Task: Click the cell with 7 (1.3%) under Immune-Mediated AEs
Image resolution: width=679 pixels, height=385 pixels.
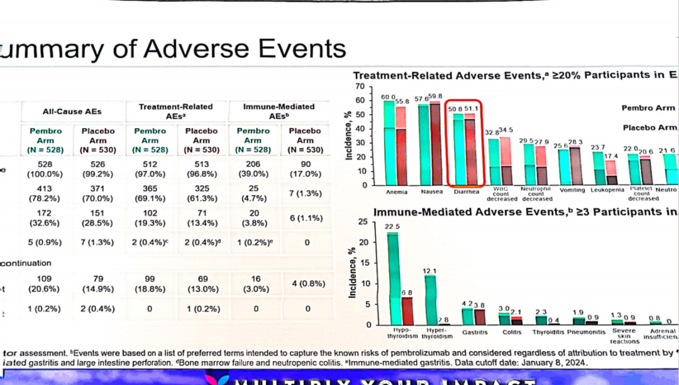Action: [x=306, y=192]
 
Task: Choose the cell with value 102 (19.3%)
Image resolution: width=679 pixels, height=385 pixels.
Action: [x=150, y=218]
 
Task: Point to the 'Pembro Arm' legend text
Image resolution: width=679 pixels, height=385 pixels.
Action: [x=648, y=108]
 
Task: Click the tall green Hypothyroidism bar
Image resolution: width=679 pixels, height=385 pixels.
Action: [x=393, y=279]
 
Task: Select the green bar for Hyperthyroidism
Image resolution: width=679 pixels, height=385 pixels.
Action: [x=429, y=300]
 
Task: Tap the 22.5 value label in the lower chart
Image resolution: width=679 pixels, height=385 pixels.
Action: [x=393, y=227]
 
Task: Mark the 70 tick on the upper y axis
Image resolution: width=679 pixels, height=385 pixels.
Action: [x=360, y=86]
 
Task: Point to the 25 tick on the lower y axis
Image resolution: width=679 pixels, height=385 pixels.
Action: [x=362, y=222]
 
